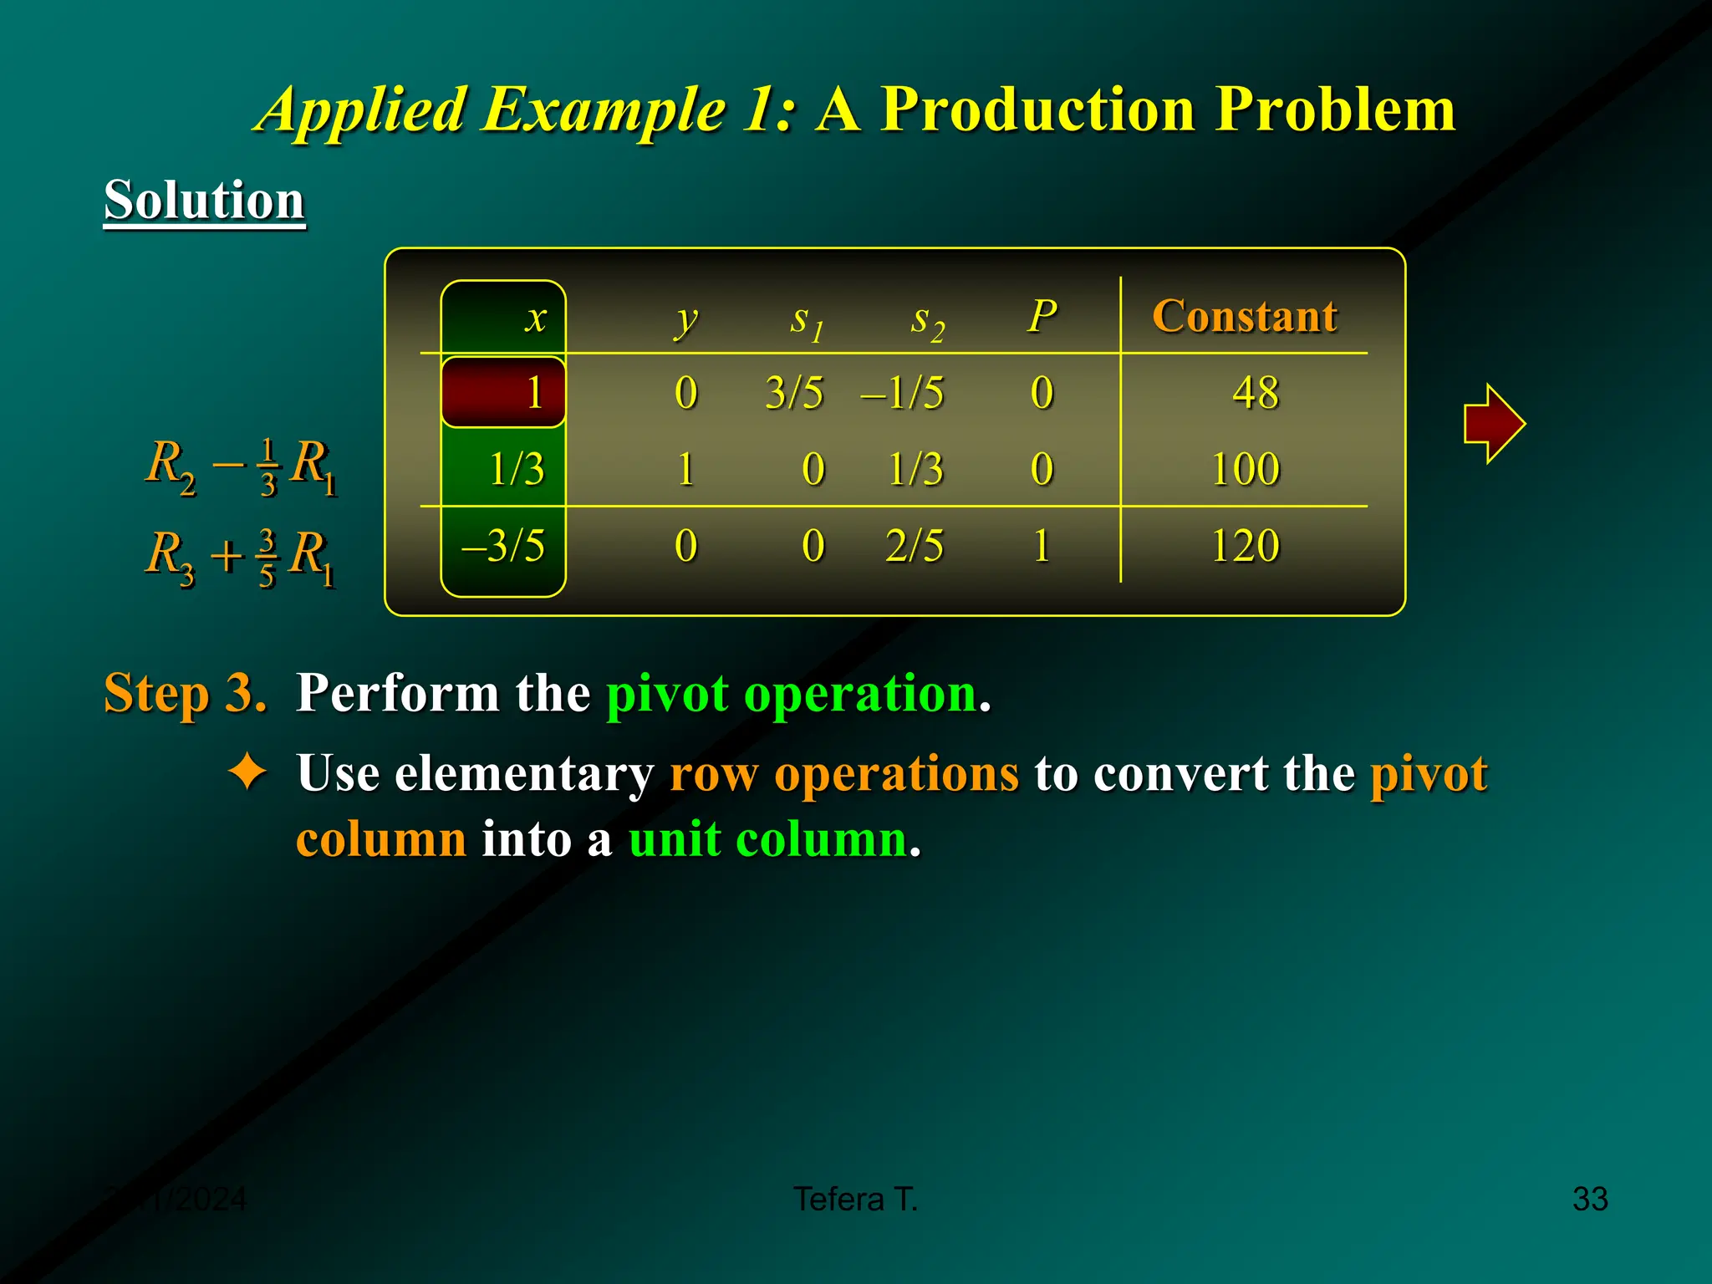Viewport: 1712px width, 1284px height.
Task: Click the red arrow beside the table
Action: [x=1493, y=423]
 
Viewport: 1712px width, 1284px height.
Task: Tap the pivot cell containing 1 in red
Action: [x=504, y=392]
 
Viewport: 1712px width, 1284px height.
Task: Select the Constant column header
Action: [x=1244, y=316]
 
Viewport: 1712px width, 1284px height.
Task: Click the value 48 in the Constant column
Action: [x=1255, y=392]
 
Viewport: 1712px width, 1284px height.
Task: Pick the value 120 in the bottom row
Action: [x=1245, y=546]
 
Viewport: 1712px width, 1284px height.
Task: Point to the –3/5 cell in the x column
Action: [x=503, y=546]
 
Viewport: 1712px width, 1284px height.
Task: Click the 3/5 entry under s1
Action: [x=794, y=392]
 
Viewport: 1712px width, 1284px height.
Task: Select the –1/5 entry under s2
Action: [x=903, y=392]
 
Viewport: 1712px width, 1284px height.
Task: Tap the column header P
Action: [x=1042, y=316]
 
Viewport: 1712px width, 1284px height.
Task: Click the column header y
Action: [x=685, y=319]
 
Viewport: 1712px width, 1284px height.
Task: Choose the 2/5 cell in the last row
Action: [x=915, y=546]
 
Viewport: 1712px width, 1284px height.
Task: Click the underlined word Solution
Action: [x=204, y=201]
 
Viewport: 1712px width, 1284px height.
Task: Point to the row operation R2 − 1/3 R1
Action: [x=241, y=466]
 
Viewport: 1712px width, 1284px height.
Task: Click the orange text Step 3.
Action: [x=185, y=693]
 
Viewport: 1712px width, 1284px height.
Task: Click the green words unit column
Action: [x=767, y=838]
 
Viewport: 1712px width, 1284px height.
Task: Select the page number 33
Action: [x=1589, y=1199]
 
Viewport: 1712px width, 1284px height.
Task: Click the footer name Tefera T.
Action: [x=855, y=1199]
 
